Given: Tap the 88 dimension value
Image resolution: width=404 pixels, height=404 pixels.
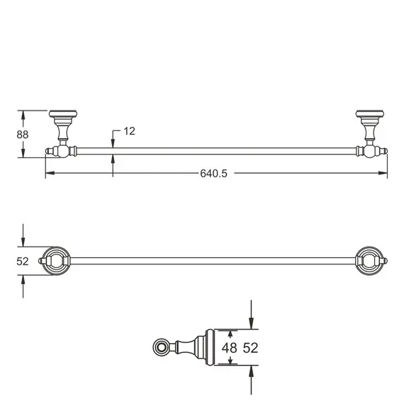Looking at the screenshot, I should tap(23, 133).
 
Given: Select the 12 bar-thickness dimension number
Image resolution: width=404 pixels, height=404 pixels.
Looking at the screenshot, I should tap(128, 131).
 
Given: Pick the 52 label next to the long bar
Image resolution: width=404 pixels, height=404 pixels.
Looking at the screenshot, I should tap(23, 261).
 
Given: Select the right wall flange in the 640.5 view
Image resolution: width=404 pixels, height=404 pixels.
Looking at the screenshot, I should tap(369, 114).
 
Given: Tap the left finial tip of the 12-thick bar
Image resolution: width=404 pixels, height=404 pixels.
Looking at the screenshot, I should tap(48, 150).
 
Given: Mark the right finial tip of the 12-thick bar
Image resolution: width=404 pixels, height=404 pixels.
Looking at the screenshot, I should tap(386, 150).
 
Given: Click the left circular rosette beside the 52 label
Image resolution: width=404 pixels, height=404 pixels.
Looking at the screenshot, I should tap(57, 260).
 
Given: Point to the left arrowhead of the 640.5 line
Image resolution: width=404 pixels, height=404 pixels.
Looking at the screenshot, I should tap(48, 174).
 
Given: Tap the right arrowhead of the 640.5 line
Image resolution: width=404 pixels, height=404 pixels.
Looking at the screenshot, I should tap(386, 174).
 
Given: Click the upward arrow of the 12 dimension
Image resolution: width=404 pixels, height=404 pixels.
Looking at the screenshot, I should tap(112, 157).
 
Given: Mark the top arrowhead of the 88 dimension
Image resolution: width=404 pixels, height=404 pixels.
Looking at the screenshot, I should tap(24, 113).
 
